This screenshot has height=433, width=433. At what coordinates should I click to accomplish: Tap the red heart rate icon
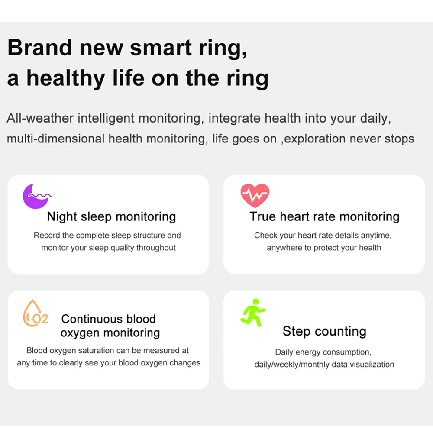coord(255,195)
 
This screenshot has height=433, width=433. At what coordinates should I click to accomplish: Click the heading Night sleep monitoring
coord(111,216)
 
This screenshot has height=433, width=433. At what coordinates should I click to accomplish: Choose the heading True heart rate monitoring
coord(324,216)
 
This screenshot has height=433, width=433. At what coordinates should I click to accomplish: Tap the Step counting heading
coord(324,331)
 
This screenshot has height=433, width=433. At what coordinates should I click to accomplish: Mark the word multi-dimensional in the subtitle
coord(56,139)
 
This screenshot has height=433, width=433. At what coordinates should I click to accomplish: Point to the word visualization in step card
coord(371,365)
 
